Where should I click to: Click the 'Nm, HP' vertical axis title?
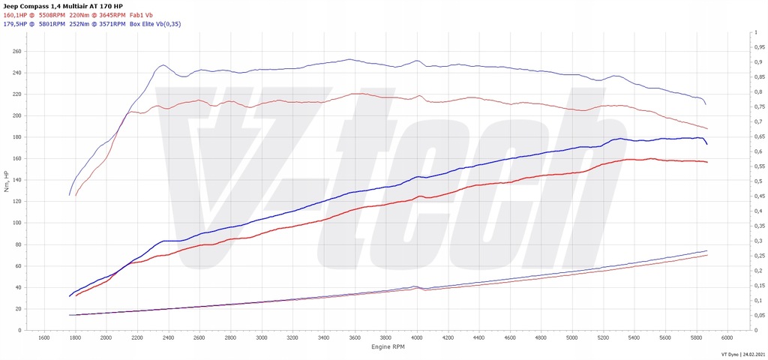pyautogui.click(x=7, y=180)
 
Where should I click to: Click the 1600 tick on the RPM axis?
pyautogui.click(x=43, y=338)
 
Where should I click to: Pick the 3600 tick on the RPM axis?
pyautogui.click(x=355, y=338)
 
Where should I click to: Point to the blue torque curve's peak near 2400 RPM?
pyautogui.click(x=163, y=65)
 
